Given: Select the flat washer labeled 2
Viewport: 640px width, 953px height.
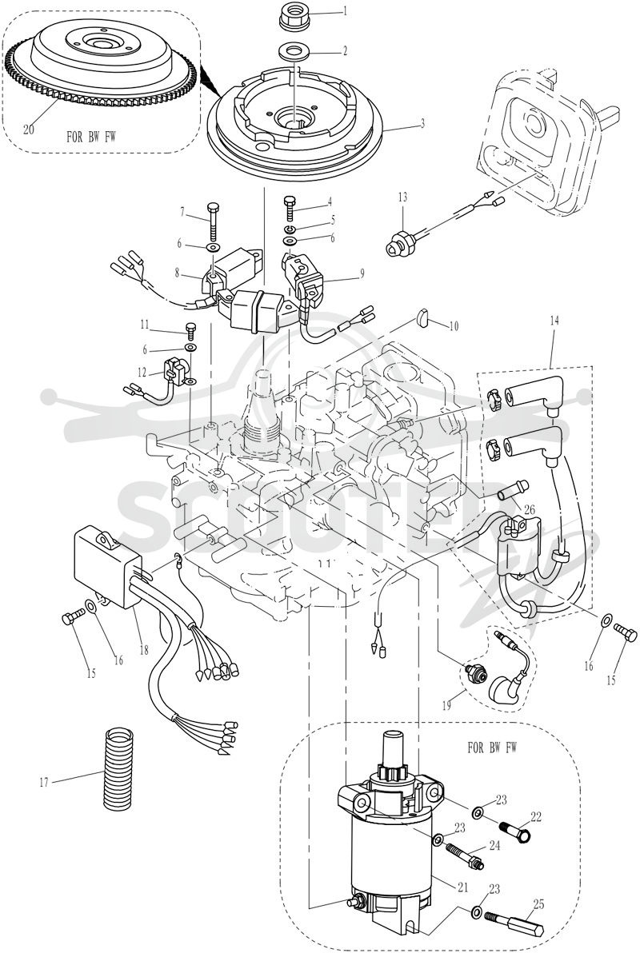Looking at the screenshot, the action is [x=294, y=51].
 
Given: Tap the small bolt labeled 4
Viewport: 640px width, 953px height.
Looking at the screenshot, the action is [x=290, y=209].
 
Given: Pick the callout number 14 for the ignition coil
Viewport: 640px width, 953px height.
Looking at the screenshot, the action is [x=552, y=320].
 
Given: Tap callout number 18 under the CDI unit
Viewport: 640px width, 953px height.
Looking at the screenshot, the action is [x=144, y=650].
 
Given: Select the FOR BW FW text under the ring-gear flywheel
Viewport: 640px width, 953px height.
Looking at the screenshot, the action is [x=91, y=137].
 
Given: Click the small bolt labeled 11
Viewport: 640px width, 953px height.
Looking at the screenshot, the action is [x=190, y=330].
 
